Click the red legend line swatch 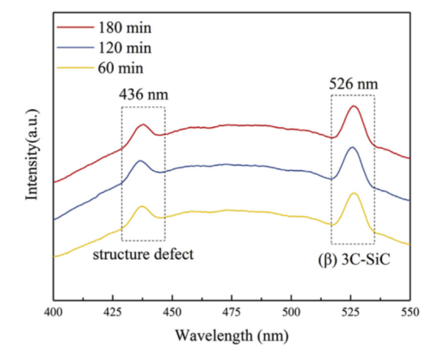(x=76, y=27)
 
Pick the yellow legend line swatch (x=76, y=68)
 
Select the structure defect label (x=143, y=255)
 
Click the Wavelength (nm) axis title (x=232, y=335)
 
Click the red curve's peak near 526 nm (x=354, y=106)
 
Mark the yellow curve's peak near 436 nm (x=142, y=206)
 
